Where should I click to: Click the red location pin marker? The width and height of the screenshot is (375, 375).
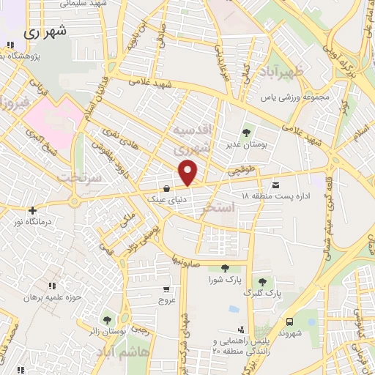click(189, 174)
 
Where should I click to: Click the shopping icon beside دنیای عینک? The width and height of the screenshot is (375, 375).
click(168, 188)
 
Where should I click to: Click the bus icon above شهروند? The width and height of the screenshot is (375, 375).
click(290, 322)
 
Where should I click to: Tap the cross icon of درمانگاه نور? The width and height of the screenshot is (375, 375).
click(32, 210)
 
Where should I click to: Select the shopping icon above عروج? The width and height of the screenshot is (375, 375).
click(167, 289)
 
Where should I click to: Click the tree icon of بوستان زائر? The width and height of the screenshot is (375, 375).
click(108, 319)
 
